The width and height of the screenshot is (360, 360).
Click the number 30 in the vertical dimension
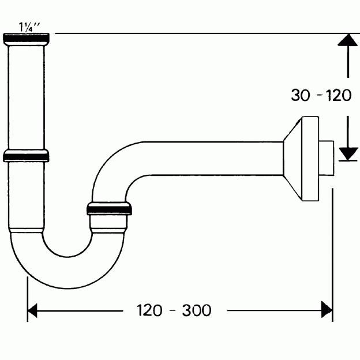coord(301,95)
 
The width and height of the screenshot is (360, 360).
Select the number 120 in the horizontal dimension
coord(149,310)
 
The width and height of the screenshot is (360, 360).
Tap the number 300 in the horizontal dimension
coord(197,310)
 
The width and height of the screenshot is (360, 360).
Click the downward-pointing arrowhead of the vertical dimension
coord(347,153)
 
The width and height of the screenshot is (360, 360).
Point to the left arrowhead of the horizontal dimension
coord(33,310)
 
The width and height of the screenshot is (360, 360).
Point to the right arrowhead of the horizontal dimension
coord(327,310)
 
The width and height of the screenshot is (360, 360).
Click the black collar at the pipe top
coord(26,39)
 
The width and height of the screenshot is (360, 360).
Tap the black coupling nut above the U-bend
coord(110,208)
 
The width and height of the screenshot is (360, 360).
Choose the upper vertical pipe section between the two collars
coord(26,95)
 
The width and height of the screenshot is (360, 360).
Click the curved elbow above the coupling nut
coord(112,167)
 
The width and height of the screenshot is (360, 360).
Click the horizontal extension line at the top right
coord(202,33)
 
